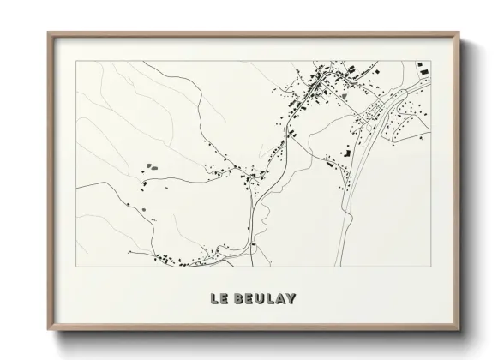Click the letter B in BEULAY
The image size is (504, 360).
[234, 299]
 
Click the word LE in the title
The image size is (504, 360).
[215, 299]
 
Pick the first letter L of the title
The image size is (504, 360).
[210, 299]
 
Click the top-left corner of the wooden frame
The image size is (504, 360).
[48, 33]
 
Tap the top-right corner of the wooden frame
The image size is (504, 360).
[459, 33]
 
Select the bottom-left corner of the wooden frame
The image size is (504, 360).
[48, 330]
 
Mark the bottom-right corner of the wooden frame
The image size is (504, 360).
[459, 330]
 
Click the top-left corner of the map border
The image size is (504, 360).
[76, 62]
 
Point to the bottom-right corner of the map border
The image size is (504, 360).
[431, 267]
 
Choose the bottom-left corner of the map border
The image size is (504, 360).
[76, 267]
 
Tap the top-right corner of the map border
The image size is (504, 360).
[431, 62]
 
